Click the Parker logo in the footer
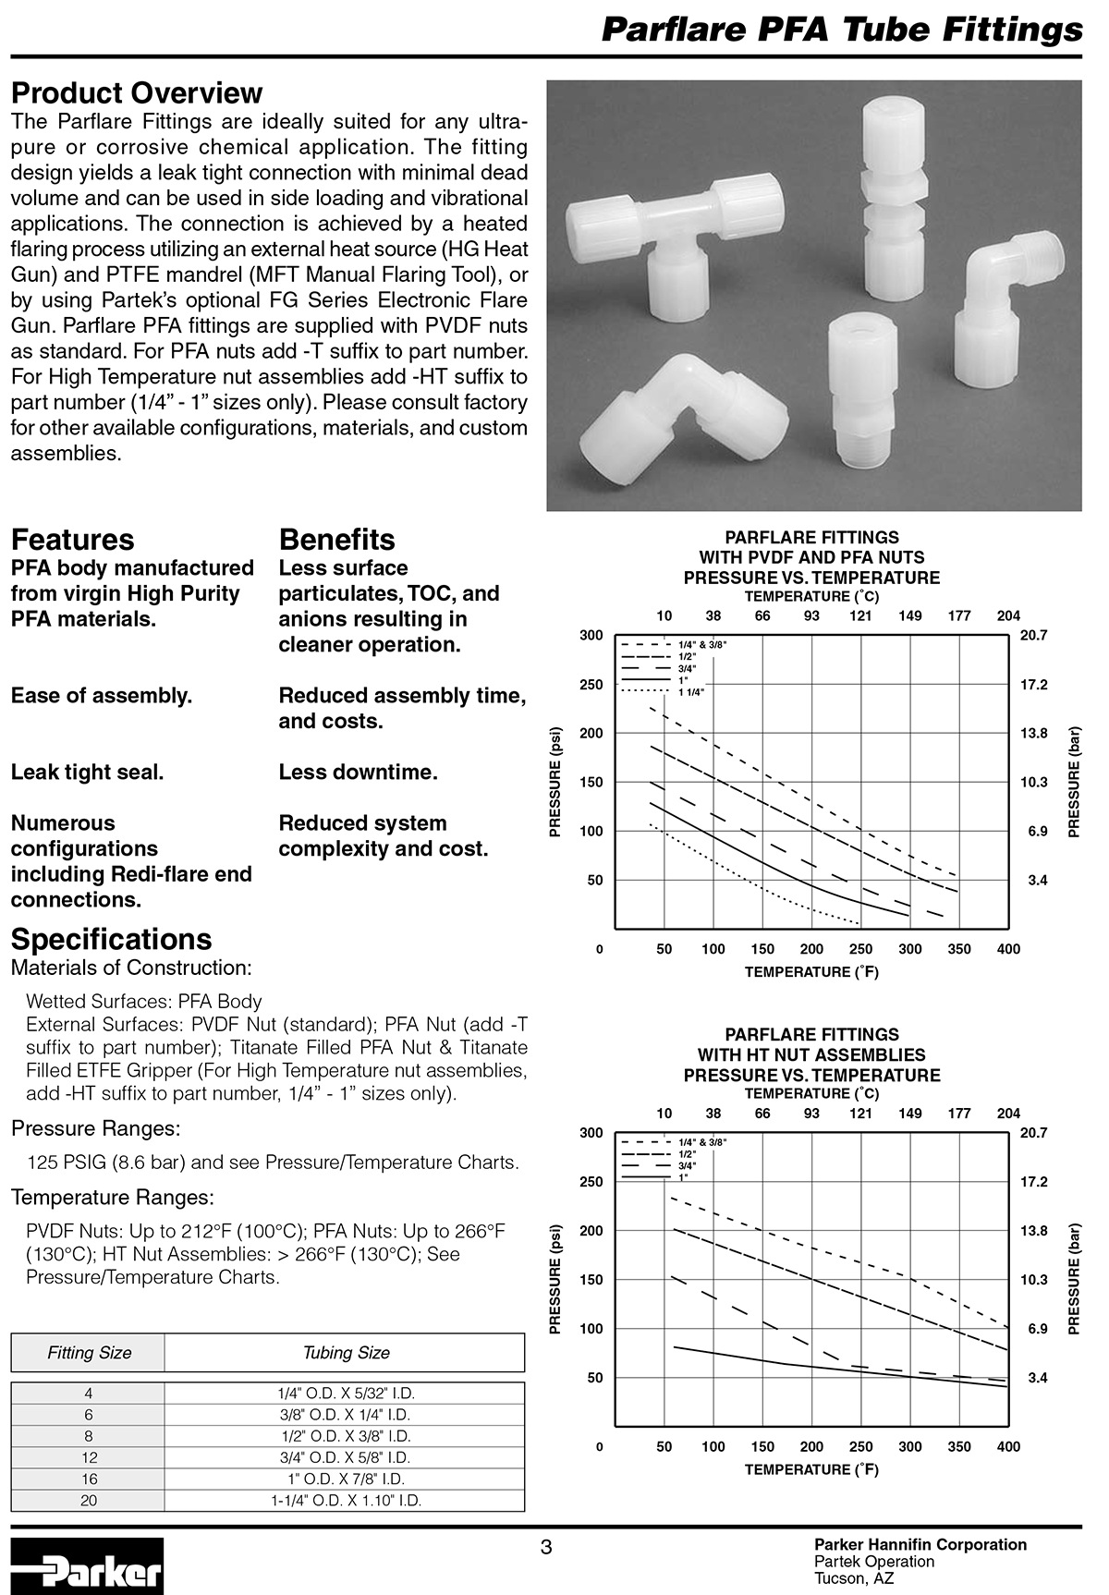88,1565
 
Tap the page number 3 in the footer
546,1547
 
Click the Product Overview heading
137,93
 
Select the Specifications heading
111,939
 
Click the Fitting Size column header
89,1353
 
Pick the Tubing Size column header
346,1353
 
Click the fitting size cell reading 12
89,1457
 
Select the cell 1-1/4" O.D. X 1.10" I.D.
346,1501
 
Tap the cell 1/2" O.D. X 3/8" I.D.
346,1436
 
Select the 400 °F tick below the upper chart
1008,949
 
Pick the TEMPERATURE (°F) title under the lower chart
811,1469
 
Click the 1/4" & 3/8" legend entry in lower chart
702,1143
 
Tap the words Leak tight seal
88,773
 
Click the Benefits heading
336,540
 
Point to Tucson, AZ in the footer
853,1578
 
